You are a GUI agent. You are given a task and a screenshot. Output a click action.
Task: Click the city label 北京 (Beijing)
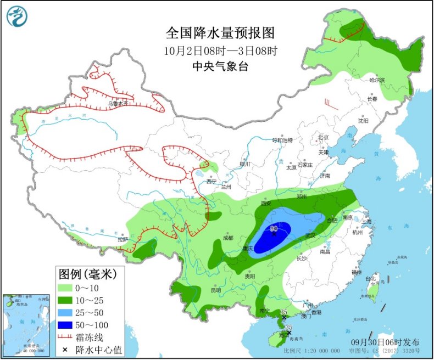pyautogui.click(x=322, y=137)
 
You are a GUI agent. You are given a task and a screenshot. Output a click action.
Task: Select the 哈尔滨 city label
pyautogui.click(x=377, y=81)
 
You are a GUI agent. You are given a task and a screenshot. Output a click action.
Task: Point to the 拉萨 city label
pyautogui.click(x=122, y=239)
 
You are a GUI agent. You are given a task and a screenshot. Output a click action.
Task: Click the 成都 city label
pyautogui.click(x=228, y=238)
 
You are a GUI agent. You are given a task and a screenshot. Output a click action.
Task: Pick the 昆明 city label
pyautogui.click(x=215, y=290)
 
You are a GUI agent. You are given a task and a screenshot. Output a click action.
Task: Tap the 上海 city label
pyautogui.click(x=366, y=221)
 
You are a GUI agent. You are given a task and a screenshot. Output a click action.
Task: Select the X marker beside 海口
pyautogui.click(x=289, y=332)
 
